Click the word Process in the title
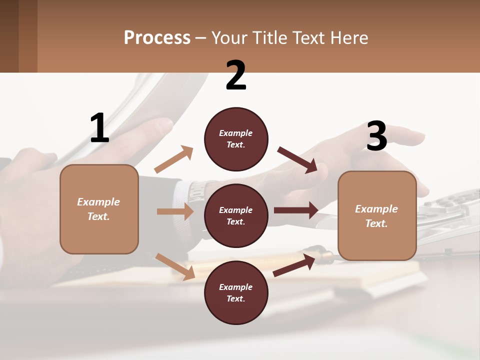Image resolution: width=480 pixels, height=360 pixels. point(157,38)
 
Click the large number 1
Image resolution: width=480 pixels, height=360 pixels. point(99,128)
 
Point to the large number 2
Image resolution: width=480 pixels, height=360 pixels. point(236,76)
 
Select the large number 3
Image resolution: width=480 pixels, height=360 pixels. point(376,136)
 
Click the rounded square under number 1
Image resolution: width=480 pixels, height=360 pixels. point(99,209)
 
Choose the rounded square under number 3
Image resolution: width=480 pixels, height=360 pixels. point(377,216)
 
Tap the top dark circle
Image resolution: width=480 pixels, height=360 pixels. point(236,139)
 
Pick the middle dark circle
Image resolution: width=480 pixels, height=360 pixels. point(236,216)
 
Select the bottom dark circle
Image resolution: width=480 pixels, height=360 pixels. point(236,293)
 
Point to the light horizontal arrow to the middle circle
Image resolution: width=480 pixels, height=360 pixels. point(175,211)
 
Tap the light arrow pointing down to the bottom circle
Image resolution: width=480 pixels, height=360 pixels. point(175,266)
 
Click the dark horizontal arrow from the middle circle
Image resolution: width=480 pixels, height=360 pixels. point(296,210)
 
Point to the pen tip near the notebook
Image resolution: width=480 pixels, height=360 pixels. point(327,256)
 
